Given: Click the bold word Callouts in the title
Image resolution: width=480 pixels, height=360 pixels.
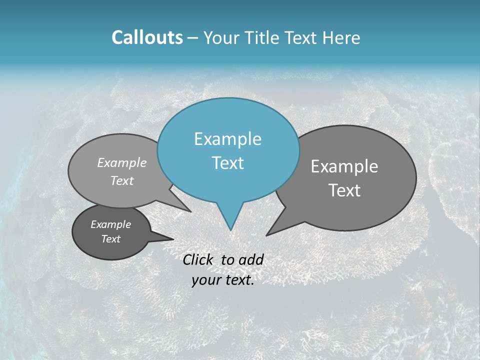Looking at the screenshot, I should [147, 37].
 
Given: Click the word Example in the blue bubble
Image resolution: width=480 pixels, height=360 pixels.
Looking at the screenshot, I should [227, 139].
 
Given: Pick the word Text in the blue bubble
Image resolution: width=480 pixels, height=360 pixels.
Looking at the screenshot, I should [227, 163].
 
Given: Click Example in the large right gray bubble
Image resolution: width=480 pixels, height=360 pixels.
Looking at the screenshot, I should [344, 166].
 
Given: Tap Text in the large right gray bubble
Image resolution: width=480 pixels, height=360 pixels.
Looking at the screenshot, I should [344, 190].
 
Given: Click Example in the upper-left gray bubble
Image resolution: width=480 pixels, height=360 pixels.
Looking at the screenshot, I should [122, 163].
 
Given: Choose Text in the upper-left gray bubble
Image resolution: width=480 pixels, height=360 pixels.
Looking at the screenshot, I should [122, 181].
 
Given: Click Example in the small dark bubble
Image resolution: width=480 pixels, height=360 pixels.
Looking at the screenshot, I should [111, 224].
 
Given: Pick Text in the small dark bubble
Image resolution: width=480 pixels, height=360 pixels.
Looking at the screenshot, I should [111, 239].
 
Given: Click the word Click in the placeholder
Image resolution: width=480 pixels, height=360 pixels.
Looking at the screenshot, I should [199, 259].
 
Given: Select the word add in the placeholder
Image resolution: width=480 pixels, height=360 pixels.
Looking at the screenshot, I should [251, 259].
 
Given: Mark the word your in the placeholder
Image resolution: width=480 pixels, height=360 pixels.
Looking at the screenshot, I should [206, 280].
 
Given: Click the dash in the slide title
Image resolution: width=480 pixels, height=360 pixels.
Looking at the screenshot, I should [193, 38].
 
